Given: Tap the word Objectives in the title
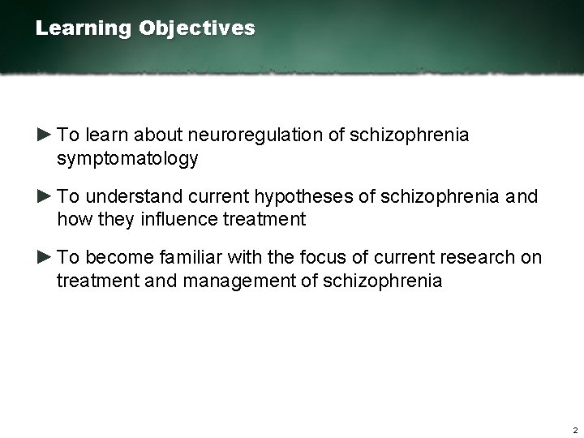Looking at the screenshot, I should [196, 28].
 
